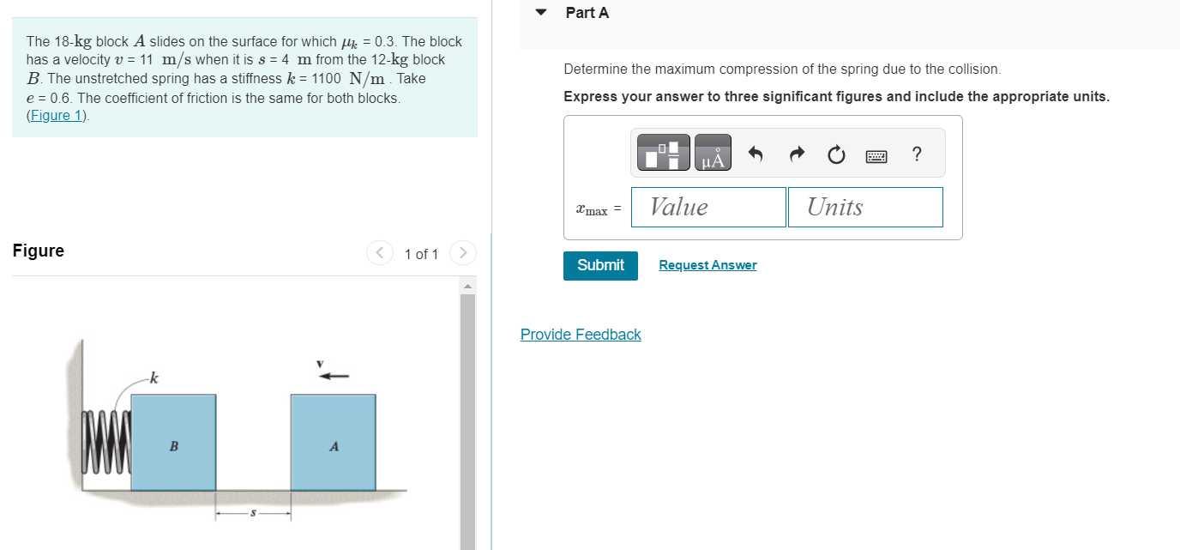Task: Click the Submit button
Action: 600,265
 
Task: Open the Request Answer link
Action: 707,265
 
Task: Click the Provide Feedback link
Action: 581,335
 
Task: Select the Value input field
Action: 708,207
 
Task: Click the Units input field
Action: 865,207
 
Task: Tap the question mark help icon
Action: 918,154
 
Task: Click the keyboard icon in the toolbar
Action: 876,156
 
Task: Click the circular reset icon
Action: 836,155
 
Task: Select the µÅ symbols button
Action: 713,154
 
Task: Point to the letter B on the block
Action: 174,446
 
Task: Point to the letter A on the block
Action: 334,446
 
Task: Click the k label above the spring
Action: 154,378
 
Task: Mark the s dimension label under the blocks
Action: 253,514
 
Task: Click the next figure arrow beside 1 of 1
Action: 462,253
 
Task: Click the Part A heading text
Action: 587,13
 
